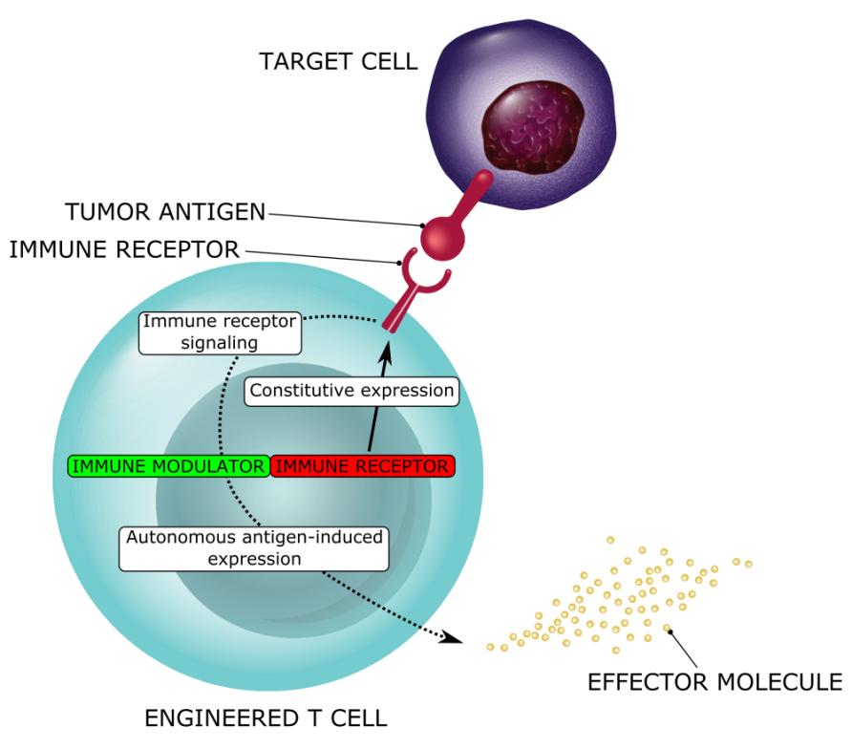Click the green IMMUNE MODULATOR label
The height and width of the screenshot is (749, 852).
[168, 466]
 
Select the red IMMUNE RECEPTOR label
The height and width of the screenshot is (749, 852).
[363, 466]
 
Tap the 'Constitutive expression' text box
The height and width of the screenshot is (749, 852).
[351, 391]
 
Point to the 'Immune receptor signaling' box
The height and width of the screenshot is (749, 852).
[220, 332]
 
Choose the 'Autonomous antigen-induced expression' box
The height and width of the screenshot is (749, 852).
[254, 548]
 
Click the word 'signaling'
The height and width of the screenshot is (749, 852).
[220, 342]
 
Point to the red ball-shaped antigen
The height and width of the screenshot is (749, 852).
[442, 238]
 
